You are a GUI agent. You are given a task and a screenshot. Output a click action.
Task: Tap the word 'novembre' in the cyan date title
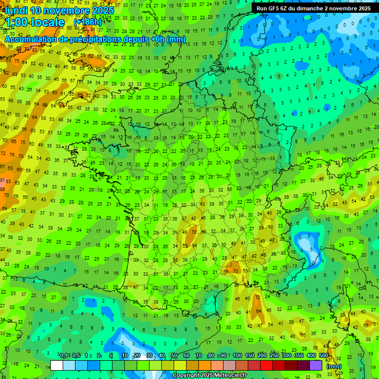click(x=67, y=10)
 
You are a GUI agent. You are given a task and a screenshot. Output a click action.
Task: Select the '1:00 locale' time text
click(x=35, y=23)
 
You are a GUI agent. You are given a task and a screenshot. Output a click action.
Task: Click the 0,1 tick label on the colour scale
click(x=64, y=356)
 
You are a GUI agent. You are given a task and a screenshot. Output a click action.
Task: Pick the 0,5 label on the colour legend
click(x=76, y=356)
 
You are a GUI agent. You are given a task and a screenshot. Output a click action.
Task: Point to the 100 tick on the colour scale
click(x=237, y=356)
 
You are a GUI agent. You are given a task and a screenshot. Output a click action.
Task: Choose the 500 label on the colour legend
click(x=324, y=356)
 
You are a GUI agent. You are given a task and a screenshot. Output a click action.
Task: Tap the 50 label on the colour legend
click(x=174, y=356)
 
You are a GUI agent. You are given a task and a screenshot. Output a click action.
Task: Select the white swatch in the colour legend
click(x=57, y=365)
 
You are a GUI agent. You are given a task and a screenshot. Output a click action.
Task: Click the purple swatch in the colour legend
click(x=316, y=365)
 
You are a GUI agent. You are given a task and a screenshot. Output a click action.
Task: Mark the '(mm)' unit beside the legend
click(x=334, y=366)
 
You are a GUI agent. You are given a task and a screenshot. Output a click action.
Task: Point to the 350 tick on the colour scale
click(x=299, y=356)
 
